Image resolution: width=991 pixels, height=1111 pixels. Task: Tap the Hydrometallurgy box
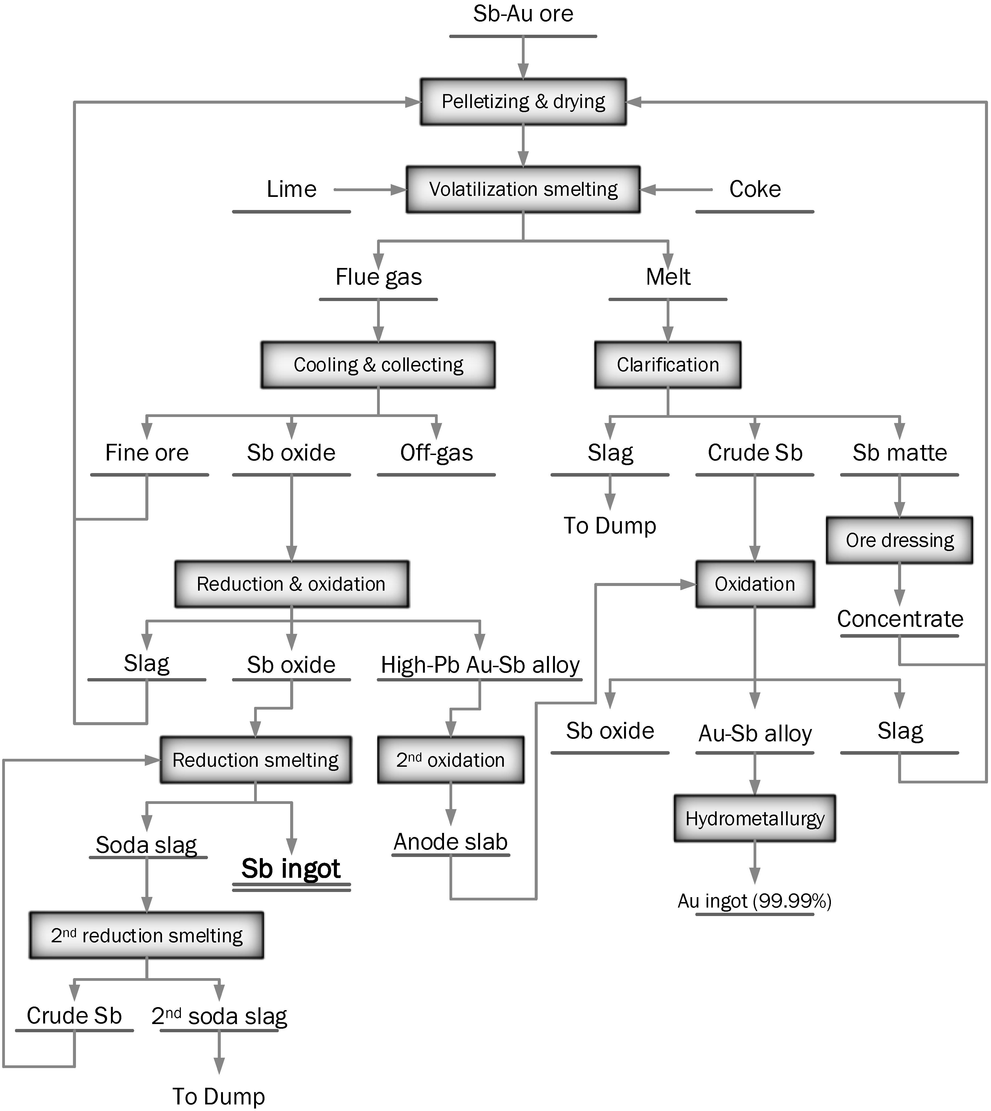pos(755,818)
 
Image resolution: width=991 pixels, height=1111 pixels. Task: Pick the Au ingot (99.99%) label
pos(755,901)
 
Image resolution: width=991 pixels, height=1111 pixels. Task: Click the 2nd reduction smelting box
pos(146,935)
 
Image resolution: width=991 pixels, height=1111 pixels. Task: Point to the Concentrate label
pos(899,619)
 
